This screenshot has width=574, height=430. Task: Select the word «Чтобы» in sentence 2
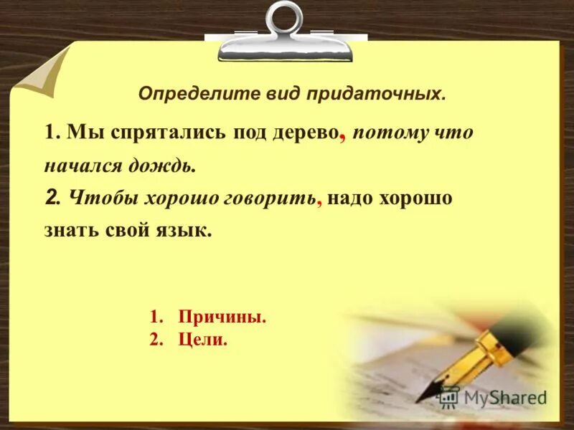(x=96, y=199)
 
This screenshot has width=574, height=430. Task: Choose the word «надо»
(x=349, y=199)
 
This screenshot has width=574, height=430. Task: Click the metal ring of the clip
(x=285, y=19)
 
